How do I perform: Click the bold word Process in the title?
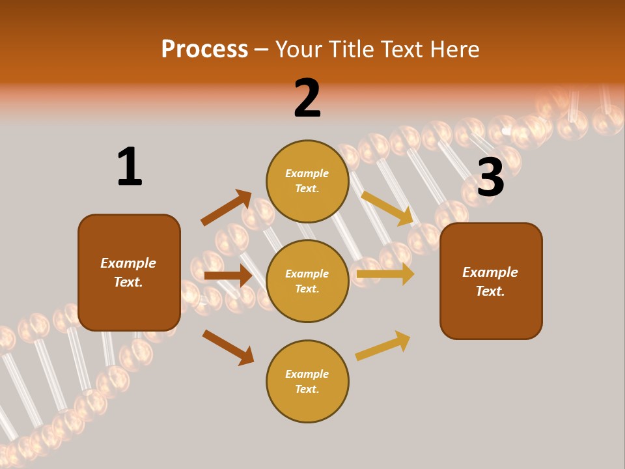click(204, 49)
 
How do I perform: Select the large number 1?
click(129, 167)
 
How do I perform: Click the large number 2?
click(307, 98)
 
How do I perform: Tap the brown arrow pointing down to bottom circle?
click(228, 347)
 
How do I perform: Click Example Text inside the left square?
click(128, 272)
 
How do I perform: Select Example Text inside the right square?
click(490, 281)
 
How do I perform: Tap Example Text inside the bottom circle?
click(307, 382)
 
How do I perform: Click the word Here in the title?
click(455, 49)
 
